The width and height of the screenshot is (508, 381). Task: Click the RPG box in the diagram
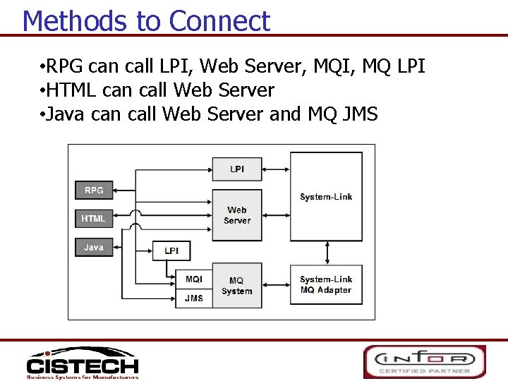tap(94, 190)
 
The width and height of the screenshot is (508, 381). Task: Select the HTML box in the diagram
tap(94, 219)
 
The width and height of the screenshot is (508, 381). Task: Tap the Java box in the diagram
tap(94, 248)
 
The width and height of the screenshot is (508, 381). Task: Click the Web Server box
tap(237, 215)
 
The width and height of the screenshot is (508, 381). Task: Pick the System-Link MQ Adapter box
tap(326, 284)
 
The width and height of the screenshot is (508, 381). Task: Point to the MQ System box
tap(237, 286)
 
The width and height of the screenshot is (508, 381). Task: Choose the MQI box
tap(193, 279)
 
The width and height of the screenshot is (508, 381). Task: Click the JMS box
tap(193, 298)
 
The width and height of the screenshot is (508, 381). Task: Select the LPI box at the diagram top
tap(237, 169)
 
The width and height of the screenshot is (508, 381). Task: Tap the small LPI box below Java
tap(171, 251)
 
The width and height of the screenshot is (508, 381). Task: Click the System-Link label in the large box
tap(326, 197)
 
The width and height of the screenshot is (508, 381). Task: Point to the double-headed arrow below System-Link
tap(326, 252)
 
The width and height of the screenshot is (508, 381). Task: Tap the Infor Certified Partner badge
tap(424, 361)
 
